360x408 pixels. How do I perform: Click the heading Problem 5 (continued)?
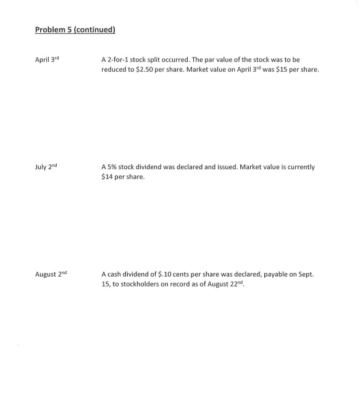point(75,30)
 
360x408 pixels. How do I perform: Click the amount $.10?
point(163,274)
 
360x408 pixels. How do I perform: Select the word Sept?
point(306,274)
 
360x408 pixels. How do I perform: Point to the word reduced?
point(115,69)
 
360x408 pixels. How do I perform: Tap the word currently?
point(299,167)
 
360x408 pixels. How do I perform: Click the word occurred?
point(184,59)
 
